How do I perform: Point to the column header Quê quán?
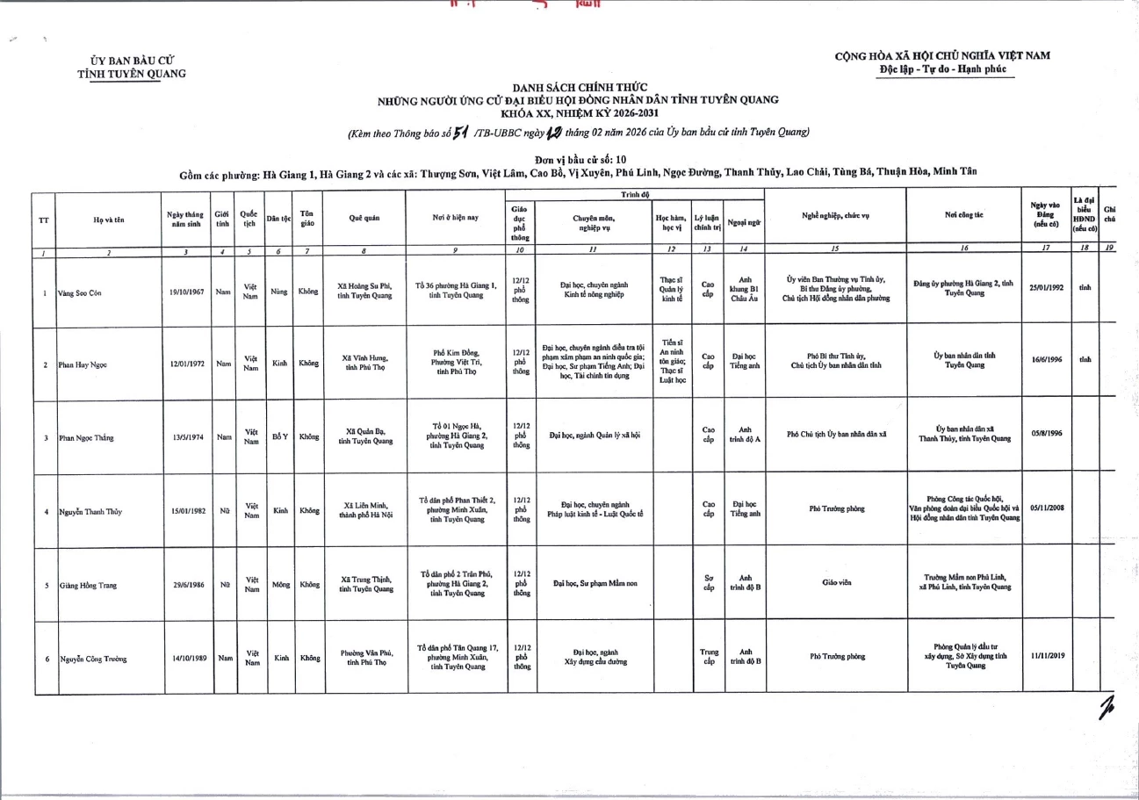[x=363, y=220]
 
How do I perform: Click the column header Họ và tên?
[x=108, y=220]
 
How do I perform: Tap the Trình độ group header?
[x=635, y=194]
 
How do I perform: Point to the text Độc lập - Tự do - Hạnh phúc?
[x=943, y=69]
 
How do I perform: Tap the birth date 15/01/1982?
[x=187, y=510]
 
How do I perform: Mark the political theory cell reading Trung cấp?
[x=709, y=657]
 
